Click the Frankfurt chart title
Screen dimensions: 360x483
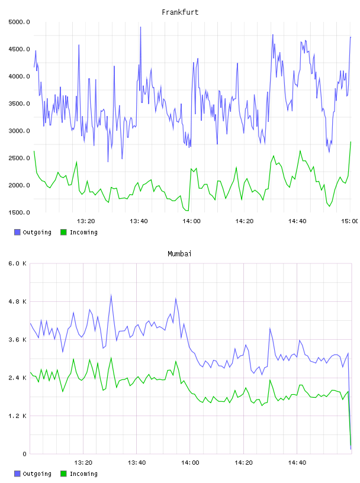tap(180, 12)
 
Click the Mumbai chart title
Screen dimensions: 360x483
tap(179, 254)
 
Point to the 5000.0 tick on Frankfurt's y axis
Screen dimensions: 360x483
tap(19, 22)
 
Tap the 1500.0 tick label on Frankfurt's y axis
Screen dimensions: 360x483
tap(19, 212)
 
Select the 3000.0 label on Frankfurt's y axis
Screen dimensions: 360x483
tap(19, 131)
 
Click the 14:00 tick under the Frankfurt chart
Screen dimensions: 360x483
tap(191, 221)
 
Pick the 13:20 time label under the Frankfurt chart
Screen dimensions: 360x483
tap(86, 221)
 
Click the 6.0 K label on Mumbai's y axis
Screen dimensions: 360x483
tap(17, 263)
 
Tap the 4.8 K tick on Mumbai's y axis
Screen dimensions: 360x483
tap(17, 301)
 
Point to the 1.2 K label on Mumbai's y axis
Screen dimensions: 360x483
tap(17, 416)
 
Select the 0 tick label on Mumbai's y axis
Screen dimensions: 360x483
tap(24, 454)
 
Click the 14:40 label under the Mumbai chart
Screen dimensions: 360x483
tap(297, 463)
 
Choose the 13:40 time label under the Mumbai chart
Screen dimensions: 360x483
tap(137, 463)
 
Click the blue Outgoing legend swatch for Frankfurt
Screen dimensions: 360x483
tap(17, 232)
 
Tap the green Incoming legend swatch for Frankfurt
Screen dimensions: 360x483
tap(63, 232)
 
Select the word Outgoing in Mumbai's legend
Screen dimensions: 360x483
tap(37, 474)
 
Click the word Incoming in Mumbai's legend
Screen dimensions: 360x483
tap(83, 474)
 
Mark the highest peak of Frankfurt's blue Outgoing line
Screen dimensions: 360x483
tap(140, 27)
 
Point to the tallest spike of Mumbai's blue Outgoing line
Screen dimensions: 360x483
tap(111, 295)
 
